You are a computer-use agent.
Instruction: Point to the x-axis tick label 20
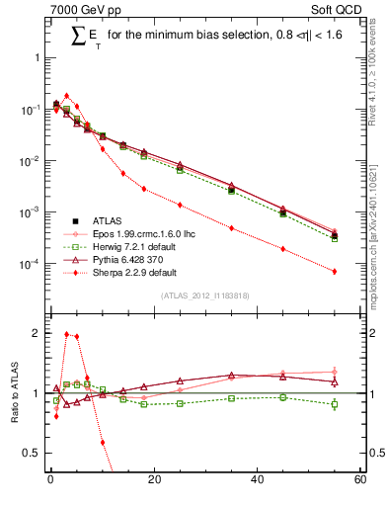(153, 480)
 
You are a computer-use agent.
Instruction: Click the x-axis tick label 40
(257, 480)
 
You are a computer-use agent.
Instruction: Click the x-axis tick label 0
(50, 480)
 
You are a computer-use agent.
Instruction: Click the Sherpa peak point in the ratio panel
(66, 334)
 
